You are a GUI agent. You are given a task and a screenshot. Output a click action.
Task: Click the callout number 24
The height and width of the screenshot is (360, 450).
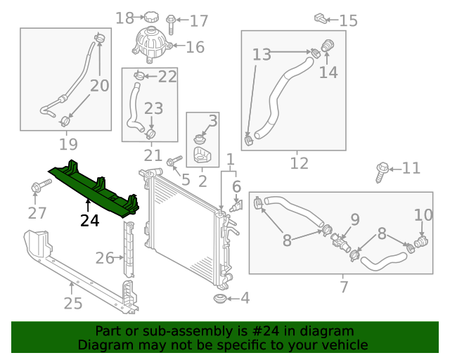[x=89, y=219]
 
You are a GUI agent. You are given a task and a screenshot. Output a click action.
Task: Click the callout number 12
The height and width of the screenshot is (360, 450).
[x=299, y=163]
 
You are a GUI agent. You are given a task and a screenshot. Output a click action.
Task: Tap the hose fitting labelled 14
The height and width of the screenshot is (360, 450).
[x=327, y=49]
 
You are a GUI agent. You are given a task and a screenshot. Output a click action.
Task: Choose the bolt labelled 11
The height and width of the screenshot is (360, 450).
[x=382, y=169]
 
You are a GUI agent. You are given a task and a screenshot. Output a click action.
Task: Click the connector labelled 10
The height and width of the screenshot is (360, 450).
[x=420, y=243]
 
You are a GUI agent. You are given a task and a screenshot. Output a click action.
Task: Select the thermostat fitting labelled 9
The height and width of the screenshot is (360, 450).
[x=342, y=240]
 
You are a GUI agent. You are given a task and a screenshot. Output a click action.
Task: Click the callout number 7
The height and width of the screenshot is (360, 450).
[x=344, y=287]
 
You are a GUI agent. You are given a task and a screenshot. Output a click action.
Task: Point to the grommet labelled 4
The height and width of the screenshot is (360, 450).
[x=221, y=300]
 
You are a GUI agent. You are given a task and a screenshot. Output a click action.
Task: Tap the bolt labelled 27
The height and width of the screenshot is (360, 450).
[x=38, y=187]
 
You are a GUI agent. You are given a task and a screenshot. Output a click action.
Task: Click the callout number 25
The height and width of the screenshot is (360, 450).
[x=73, y=303]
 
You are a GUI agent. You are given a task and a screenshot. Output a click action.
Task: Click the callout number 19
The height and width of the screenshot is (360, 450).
[x=67, y=144]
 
